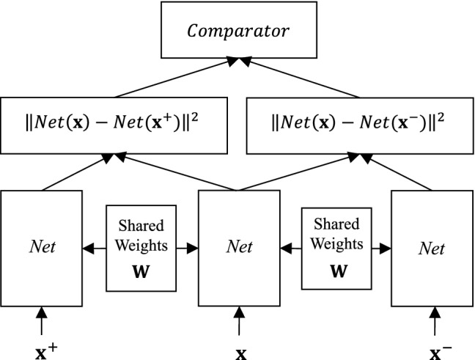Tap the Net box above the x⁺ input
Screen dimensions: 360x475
[43, 248]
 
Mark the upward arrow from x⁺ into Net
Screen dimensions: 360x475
[42, 320]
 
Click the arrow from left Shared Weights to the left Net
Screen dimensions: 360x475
[95, 249]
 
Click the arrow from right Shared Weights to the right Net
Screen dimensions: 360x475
[378, 249]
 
